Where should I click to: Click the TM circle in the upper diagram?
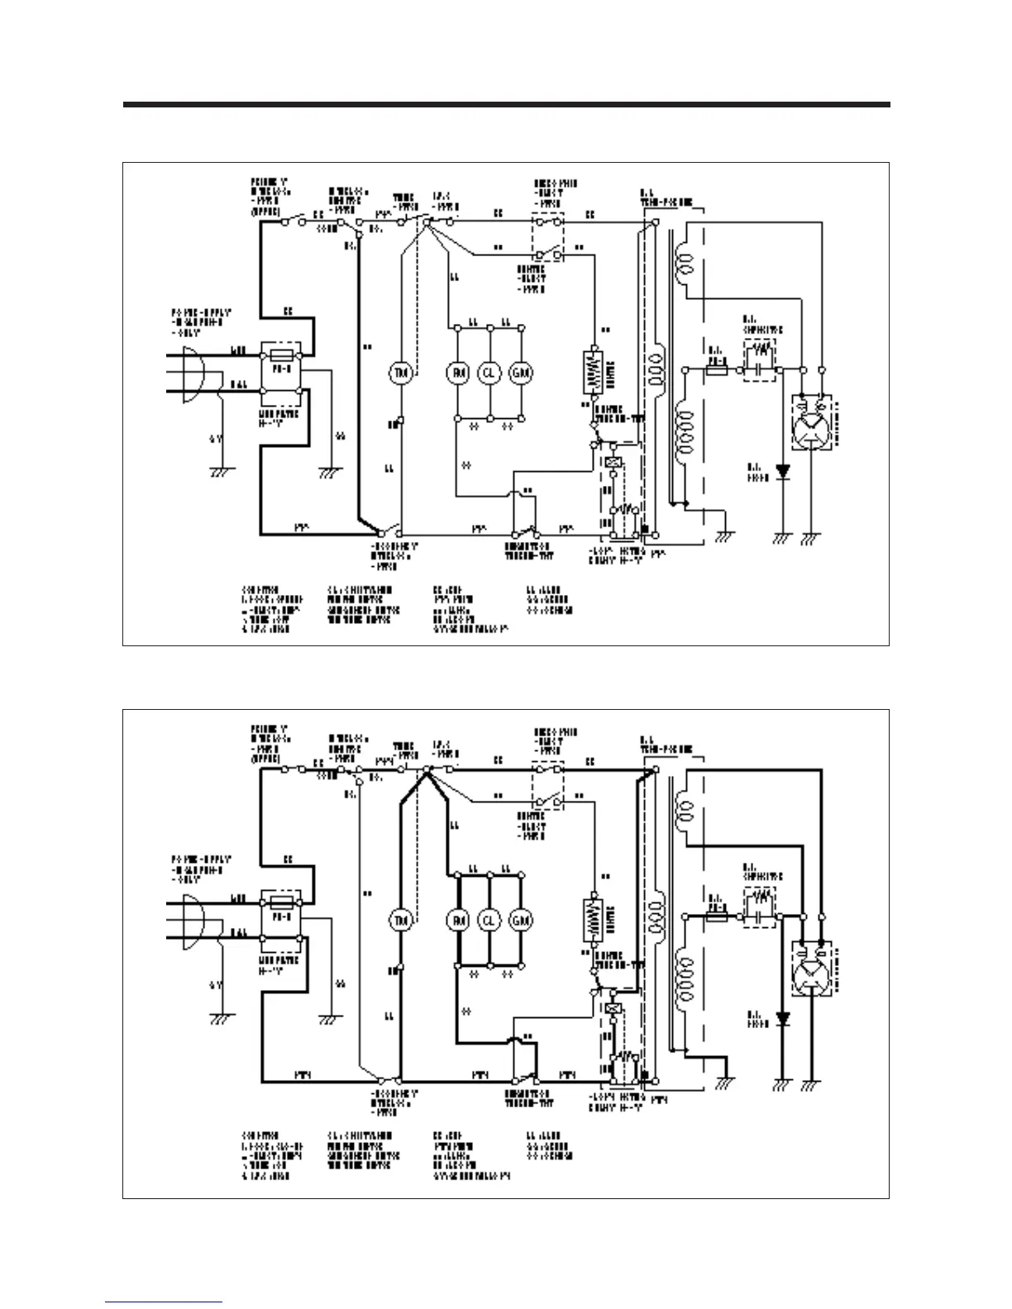point(401,373)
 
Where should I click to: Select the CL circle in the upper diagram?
point(489,373)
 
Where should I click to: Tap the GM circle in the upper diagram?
point(522,373)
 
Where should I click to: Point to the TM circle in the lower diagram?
point(401,920)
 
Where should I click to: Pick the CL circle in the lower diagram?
point(489,920)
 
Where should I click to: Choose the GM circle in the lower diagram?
point(522,920)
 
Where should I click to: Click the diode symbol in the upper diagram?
point(782,473)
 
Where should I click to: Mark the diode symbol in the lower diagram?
point(782,1019)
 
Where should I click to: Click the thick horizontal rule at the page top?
point(506,105)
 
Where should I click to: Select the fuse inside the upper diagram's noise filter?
point(281,353)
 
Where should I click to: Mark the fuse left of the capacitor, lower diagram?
point(716,916)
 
